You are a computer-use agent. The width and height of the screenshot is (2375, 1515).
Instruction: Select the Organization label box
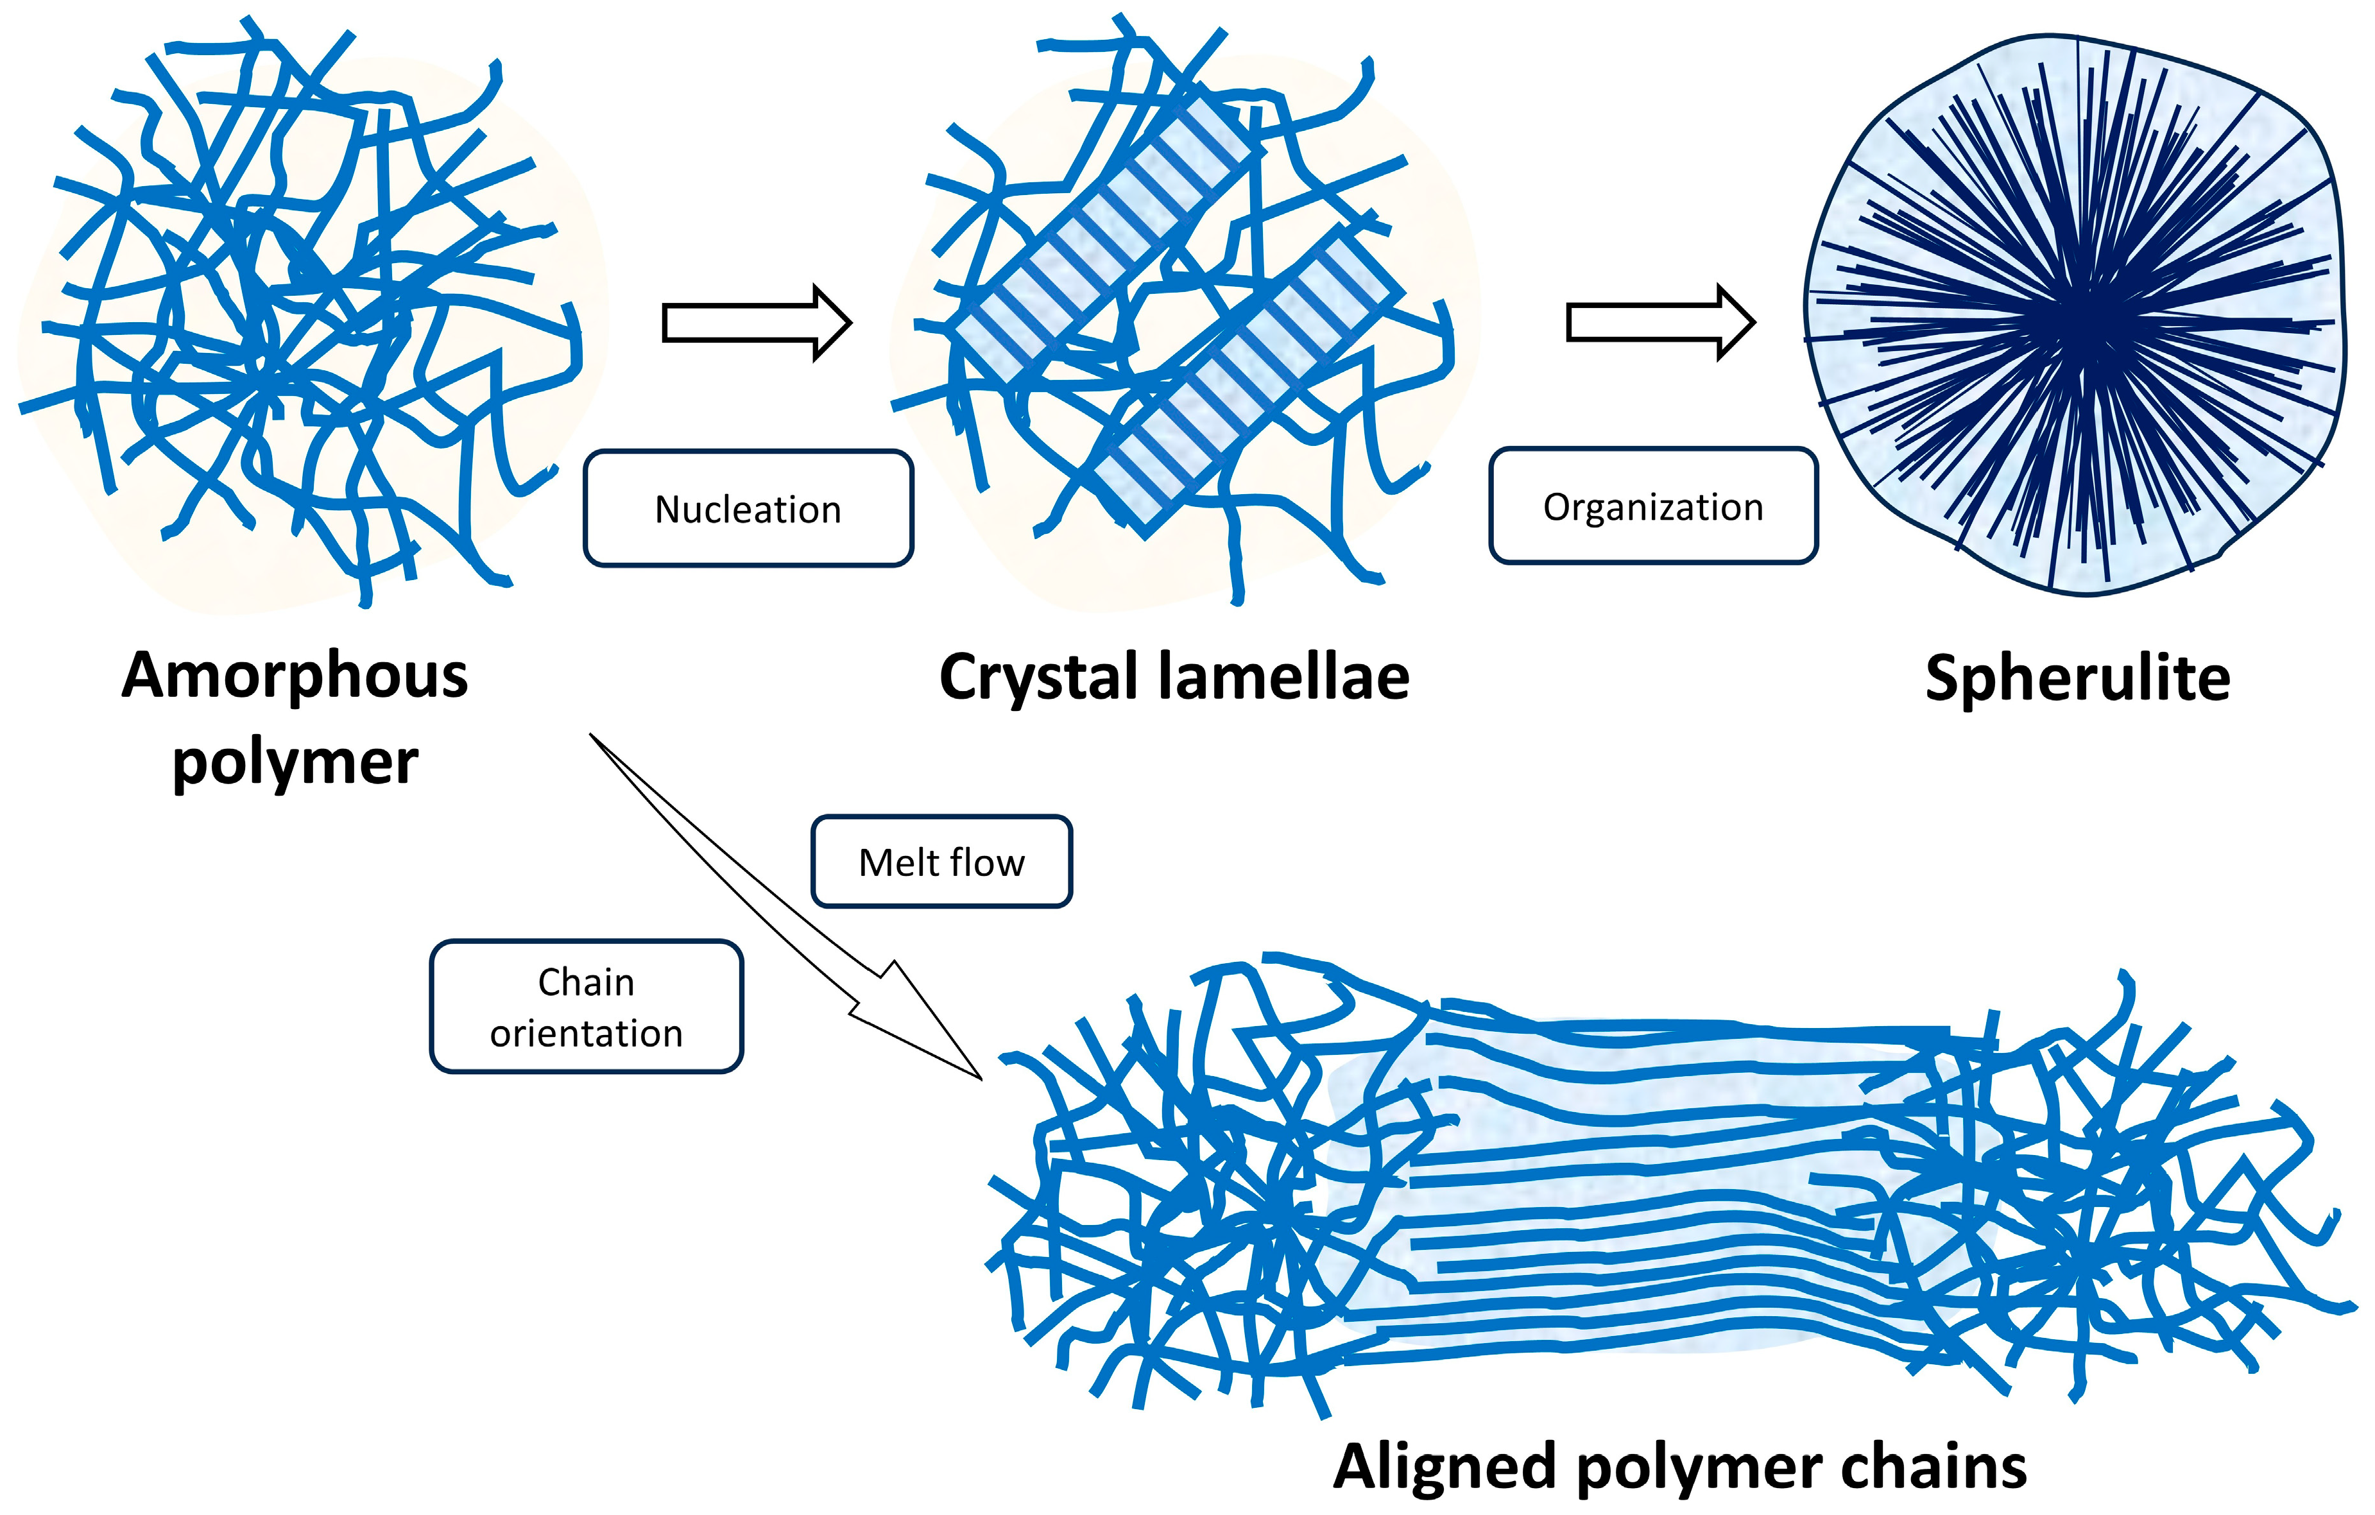1653,506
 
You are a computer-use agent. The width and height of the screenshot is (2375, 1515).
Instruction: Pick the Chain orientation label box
586,1006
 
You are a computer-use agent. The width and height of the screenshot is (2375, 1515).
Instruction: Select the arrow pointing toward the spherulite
1660,323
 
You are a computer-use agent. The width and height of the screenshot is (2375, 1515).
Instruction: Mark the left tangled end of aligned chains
1183,1213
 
